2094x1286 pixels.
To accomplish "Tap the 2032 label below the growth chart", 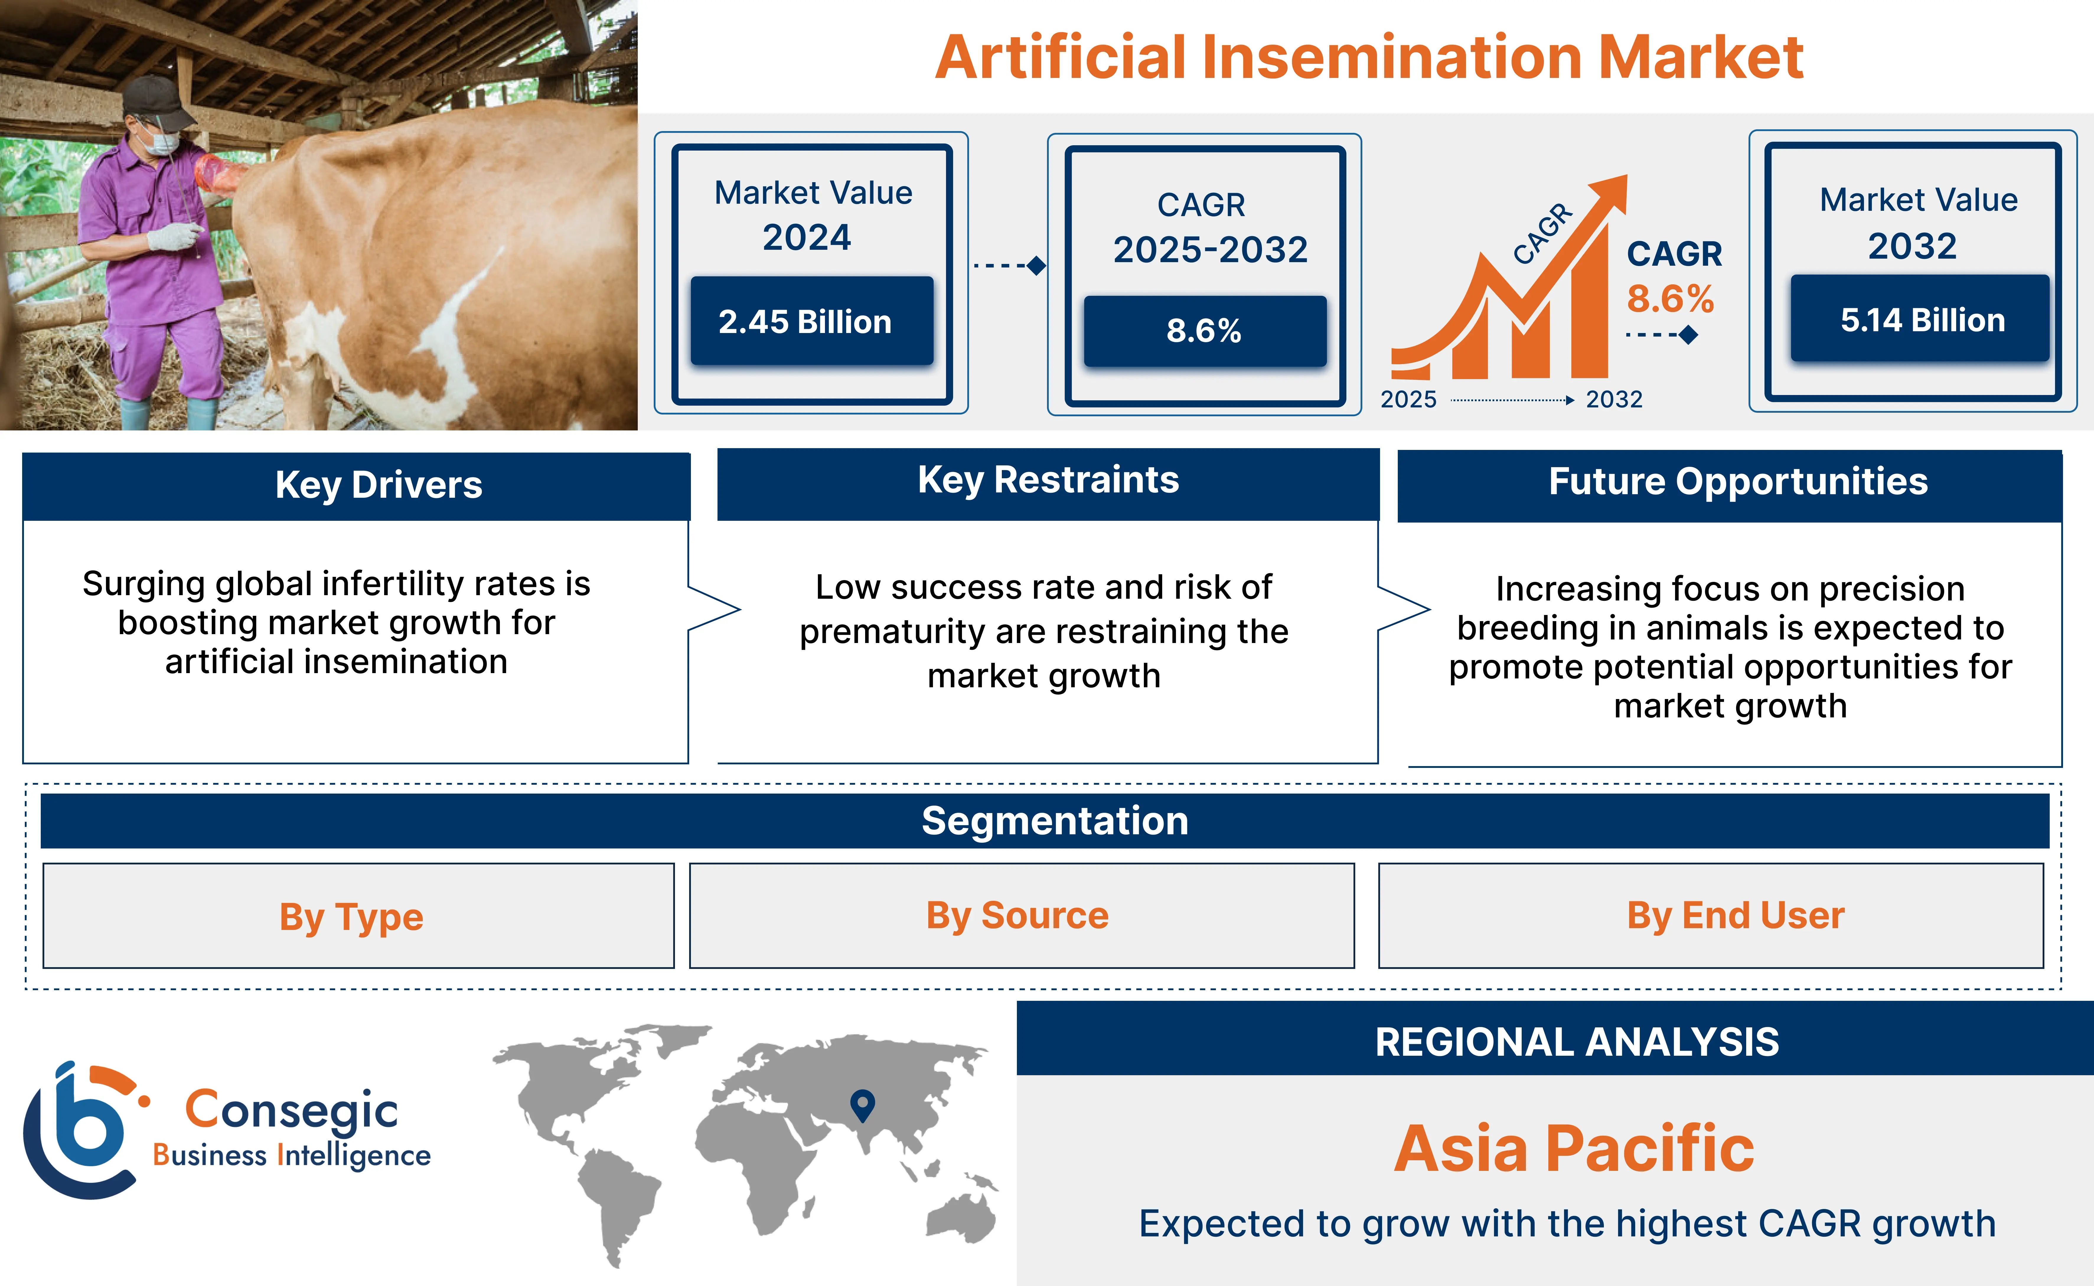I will [1613, 399].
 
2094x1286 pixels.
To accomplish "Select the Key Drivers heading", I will [379, 485].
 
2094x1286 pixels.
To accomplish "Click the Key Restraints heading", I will [1048, 481].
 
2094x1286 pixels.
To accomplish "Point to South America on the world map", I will [619, 1199].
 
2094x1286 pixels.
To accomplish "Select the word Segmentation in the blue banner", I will [1055, 821].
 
